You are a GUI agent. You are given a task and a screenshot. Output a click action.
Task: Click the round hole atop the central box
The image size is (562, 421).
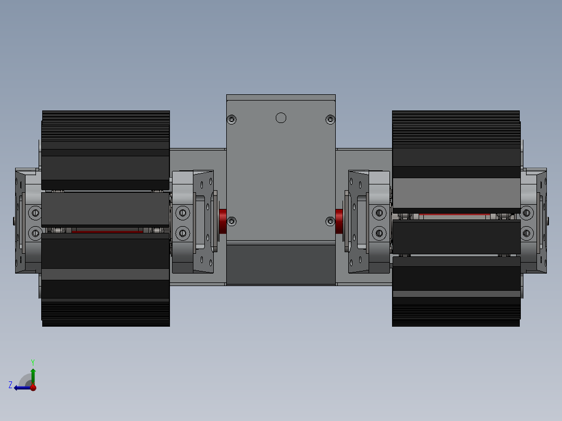pos(281,118)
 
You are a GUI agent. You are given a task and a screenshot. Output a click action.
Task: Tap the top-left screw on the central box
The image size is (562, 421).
pos(232,120)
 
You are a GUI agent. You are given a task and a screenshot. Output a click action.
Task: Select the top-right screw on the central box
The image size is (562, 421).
pos(330,120)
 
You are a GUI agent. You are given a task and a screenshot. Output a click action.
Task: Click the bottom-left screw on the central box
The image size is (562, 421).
pos(232,221)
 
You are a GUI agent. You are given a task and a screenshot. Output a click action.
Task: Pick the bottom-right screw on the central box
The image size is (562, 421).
pos(330,222)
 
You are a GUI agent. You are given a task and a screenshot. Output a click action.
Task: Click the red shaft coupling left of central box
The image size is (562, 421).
pos(223,221)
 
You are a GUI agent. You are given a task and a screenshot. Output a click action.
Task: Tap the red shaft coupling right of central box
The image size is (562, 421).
pos(339,221)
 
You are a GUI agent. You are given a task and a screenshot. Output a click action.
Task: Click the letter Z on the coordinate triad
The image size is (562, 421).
pos(10,385)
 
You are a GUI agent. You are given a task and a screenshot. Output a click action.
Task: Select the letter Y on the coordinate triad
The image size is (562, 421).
pos(33,362)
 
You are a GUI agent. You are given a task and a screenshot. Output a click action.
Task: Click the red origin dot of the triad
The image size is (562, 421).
pos(33,388)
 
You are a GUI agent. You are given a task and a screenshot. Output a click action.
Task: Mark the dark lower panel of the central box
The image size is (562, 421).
pos(281,265)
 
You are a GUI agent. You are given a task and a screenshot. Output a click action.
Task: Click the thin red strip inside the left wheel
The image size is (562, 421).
pos(107,231)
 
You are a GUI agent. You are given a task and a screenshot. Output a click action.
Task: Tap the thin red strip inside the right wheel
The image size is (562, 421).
pos(454,214)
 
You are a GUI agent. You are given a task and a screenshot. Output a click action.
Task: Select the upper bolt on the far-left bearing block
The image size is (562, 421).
pos(35,213)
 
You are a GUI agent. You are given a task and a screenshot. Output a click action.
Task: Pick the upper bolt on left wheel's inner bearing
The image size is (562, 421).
pos(182,212)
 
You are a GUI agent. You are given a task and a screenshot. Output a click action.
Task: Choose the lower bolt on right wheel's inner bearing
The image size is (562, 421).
pos(379,232)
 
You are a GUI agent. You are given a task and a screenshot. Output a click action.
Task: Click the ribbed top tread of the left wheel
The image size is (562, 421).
pos(106,125)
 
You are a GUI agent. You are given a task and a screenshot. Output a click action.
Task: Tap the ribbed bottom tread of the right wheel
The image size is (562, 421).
pos(456,313)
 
